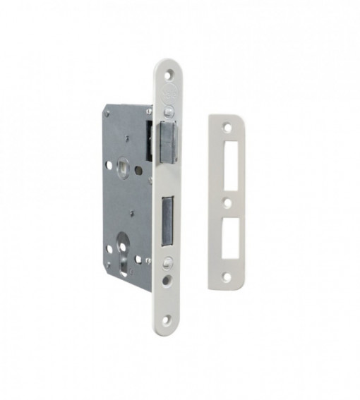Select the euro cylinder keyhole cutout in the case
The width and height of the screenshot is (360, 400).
click(x=127, y=241)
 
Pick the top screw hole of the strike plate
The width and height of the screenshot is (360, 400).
click(x=227, y=129)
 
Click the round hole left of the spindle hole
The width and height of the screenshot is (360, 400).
click(x=108, y=165)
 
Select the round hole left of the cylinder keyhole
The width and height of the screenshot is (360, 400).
click(x=109, y=247)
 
